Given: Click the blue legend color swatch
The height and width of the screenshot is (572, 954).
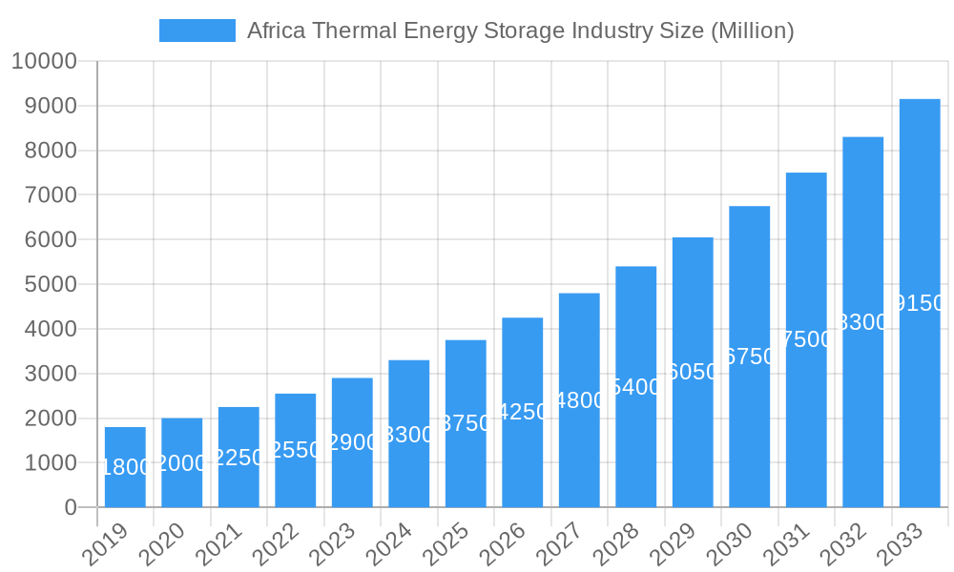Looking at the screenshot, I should pos(197,31).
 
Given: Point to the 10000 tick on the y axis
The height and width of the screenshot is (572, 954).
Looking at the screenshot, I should pos(44,62).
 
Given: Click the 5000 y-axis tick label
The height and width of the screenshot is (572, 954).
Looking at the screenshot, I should pos(51,285).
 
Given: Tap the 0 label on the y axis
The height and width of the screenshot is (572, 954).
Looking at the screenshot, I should pos(71,508).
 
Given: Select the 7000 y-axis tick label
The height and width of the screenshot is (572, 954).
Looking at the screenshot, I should pos(51,195).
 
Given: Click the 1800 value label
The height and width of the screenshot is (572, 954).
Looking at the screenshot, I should pos(125,467).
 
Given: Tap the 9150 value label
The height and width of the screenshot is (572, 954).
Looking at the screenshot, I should pos(920,303).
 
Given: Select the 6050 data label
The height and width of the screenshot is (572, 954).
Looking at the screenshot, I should pos(693,372).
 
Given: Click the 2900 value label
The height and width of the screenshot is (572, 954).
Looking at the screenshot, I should pos(352,442).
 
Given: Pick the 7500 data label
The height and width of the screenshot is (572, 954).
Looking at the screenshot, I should pos(806,339).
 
